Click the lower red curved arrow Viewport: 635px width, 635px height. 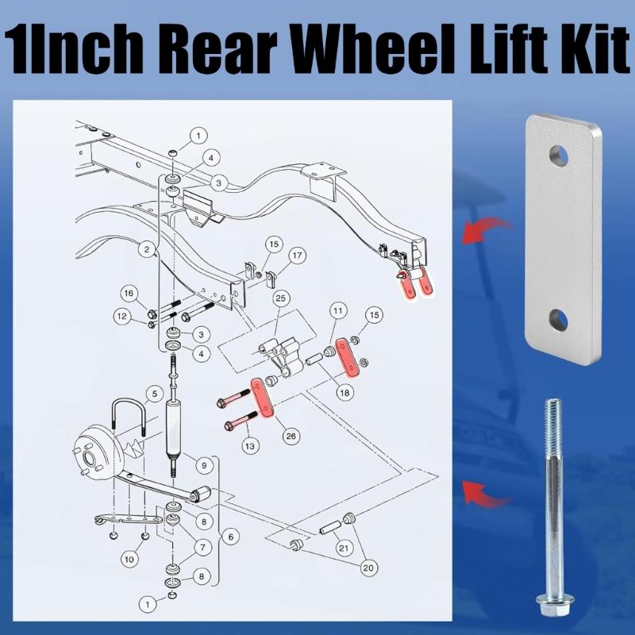click(487, 491)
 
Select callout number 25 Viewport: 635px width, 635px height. click(280, 298)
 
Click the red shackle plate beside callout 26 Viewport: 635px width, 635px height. click(262, 397)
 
